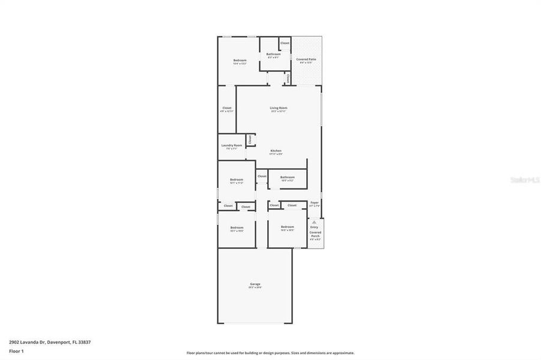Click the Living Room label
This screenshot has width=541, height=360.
coord(278,108)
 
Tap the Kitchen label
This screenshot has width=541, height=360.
coord(276,151)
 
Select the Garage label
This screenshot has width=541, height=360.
coord(255,284)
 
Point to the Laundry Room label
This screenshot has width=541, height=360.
coord(231,145)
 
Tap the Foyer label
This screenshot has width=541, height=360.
coord(314,203)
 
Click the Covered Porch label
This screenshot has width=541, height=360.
coord(315,234)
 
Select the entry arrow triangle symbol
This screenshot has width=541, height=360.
coord(314,222)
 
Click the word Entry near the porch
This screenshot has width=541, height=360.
coord(314,227)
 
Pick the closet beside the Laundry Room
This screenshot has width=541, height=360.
coord(250,139)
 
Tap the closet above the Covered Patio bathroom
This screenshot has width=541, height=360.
coord(285,43)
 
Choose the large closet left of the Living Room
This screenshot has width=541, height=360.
coord(226,109)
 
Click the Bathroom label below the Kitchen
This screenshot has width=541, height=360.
coord(287,177)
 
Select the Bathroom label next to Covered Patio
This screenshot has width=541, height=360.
coord(273,55)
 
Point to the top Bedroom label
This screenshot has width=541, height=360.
coord(240,61)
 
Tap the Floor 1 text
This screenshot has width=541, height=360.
coord(16,351)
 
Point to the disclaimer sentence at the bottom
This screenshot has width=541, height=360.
coord(270,353)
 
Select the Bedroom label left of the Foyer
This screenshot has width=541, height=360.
coord(286,227)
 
